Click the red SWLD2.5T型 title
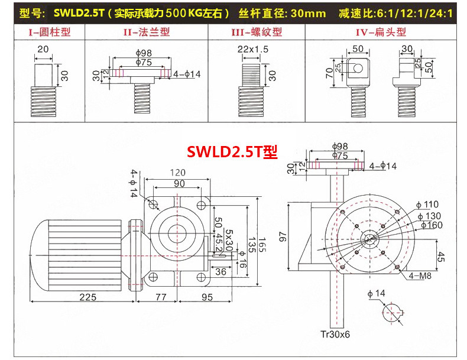tap(232, 151)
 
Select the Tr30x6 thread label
tap(335, 335)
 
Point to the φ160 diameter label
tap(430, 225)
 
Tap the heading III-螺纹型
tap(258, 32)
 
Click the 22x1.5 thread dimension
tap(253, 50)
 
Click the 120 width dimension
tap(177, 173)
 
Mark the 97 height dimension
tap(282, 236)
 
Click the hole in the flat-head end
tap(358, 67)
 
